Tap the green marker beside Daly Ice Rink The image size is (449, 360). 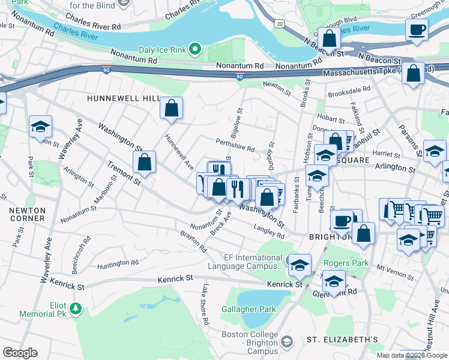195,48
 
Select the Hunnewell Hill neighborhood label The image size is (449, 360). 123,98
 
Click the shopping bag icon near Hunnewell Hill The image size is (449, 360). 172,109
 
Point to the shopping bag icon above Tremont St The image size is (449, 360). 145,162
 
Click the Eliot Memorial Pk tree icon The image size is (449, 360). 76,308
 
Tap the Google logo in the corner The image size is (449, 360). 20,353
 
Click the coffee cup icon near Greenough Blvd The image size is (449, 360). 417,29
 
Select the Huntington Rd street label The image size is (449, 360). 117,263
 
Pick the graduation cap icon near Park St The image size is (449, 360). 41,127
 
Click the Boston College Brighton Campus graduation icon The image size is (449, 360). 286,341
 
